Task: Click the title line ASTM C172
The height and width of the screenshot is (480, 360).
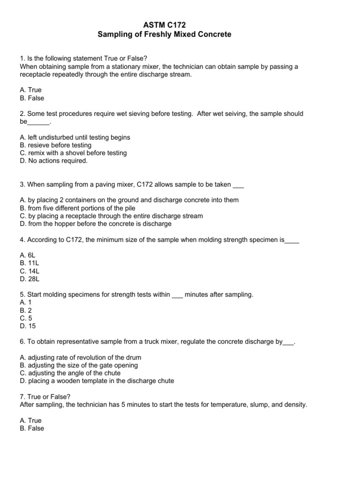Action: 180,25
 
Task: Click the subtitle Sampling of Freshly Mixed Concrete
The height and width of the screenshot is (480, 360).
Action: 180,34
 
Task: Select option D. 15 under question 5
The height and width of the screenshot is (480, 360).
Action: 28,326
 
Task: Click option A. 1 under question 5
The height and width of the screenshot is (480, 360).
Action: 26,302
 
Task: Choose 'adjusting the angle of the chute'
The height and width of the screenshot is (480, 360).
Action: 70,373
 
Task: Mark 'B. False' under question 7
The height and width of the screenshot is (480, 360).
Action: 32,428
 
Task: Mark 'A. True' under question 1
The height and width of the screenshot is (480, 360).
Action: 31,90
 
